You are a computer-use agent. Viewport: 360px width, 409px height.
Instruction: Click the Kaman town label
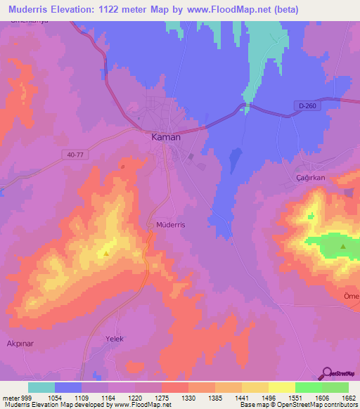coord(167,137)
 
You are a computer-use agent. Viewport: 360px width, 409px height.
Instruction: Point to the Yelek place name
coord(114,339)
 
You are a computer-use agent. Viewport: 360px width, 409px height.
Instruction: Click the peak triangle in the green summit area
coord(343,247)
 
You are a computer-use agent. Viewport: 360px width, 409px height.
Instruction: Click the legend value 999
coord(27,398)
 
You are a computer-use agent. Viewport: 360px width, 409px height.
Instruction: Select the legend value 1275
coord(161,398)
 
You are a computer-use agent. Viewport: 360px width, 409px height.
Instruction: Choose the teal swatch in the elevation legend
coord(41,387)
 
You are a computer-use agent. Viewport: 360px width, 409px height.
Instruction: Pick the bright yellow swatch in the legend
coord(281,387)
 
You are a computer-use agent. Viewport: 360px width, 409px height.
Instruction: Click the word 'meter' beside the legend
coord(10,398)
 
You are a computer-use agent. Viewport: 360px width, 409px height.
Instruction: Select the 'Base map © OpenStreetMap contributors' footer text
coord(297,405)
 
